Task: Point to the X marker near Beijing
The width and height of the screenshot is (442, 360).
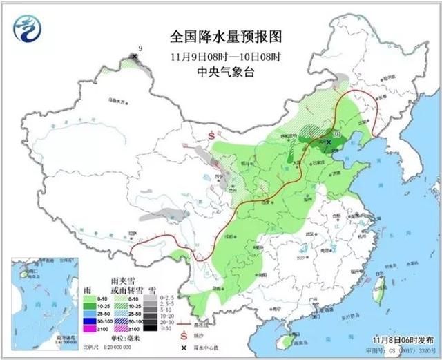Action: [329, 142]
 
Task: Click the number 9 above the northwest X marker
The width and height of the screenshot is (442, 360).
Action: [140, 48]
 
